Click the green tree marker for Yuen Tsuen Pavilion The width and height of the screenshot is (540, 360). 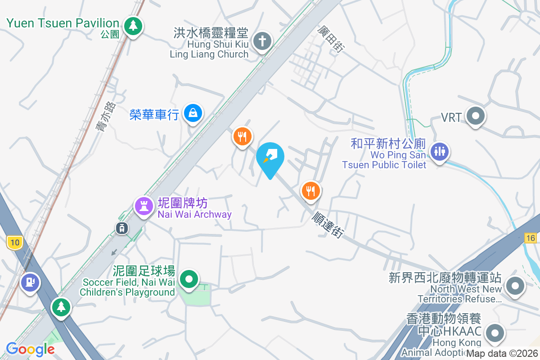pyautogui.click(x=133, y=26)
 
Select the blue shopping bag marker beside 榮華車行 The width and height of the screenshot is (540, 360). pyautogui.click(x=193, y=113)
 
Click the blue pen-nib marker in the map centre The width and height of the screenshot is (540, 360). pyautogui.click(x=270, y=157)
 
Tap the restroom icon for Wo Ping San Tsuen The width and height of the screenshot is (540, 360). pyautogui.click(x=439, y=152)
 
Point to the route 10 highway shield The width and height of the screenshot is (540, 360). pyautogui.click(x=15, y=243)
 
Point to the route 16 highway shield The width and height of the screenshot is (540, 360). pyautogui.click(x=531, y=238)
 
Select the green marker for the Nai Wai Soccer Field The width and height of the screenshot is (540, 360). pyautogui.click(x=189, y=279)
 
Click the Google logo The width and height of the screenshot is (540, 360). pyautogui.click(x=30, y=349)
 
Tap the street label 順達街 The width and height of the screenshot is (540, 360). pyautogui.click(x=328, y=225)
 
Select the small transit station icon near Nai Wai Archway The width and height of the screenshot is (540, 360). pyautogui.click(x=122, y=228)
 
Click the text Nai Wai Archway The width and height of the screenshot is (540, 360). pyautogui.click(x=194, y=214)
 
